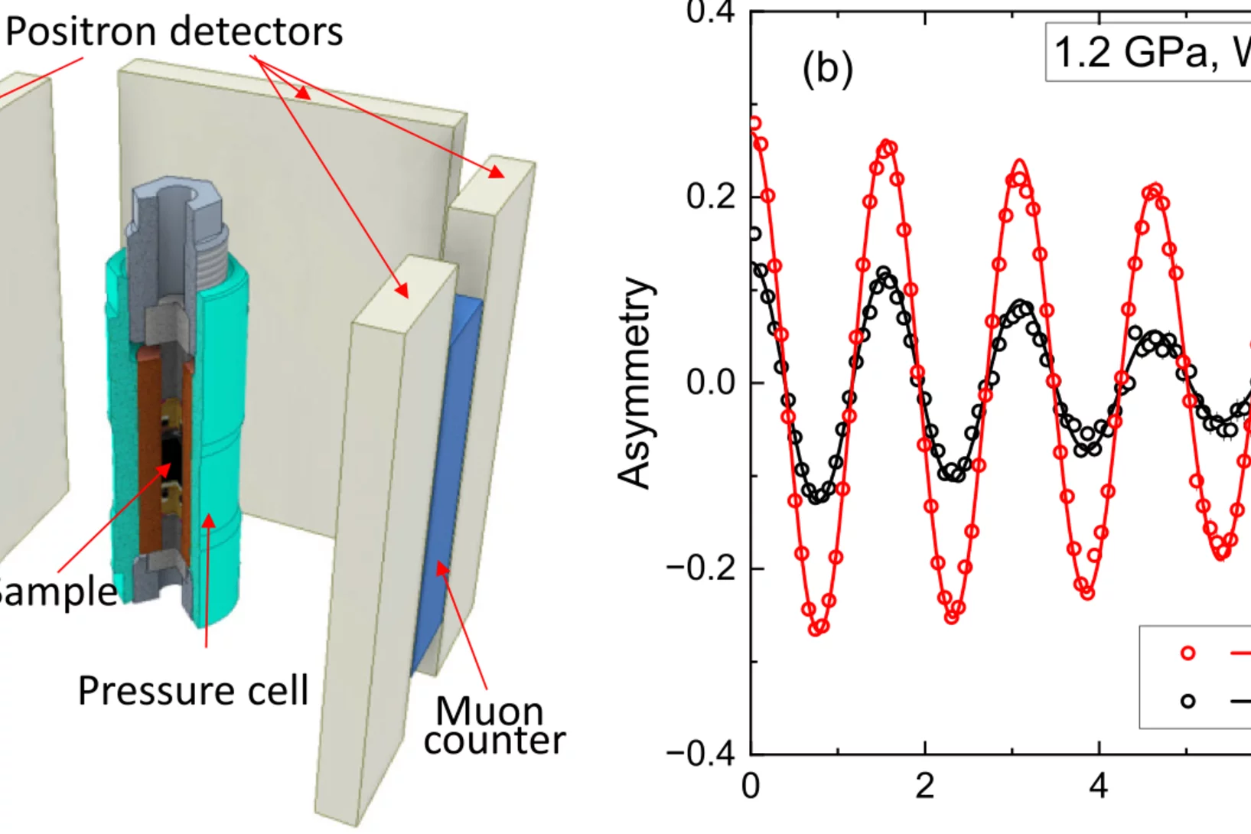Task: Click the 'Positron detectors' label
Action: [x=174, y=32]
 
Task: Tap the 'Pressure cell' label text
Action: [x=193, y=690]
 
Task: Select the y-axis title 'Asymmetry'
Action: [x=636, y=383]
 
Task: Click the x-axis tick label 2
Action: [x=925, y=786]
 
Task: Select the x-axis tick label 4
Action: [x=1099, y=786]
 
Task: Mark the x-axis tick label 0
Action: [x=751, y=786]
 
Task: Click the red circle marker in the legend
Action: [x=1187, y=653]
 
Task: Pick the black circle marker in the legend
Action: [x=1187, y=700]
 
